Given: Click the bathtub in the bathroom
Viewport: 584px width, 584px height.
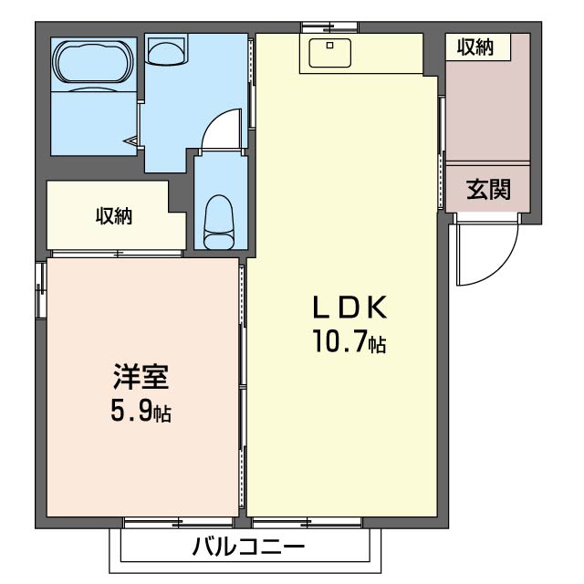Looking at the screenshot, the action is click(93, 62).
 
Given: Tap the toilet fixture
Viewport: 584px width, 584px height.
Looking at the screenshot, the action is click(220, 222).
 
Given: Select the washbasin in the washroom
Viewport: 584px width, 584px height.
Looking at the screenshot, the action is click(166, 51).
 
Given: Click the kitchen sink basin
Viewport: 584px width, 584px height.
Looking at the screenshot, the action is click(329, 53).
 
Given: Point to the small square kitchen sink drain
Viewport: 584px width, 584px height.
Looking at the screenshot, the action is click(329, 46).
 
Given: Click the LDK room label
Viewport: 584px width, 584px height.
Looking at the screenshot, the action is click(349, 308).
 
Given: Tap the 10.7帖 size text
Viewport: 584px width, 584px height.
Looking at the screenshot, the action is click(349, 340).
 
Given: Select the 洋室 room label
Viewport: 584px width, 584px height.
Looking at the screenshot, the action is click(141, 377).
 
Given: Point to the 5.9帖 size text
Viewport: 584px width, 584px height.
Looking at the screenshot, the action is click(141, 412).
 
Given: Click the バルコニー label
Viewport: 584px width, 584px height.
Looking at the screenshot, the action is click(248, 547).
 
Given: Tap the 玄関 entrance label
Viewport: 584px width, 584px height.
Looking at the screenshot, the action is click(488, 190).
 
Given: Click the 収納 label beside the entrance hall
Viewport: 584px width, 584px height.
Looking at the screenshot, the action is click(475, 47).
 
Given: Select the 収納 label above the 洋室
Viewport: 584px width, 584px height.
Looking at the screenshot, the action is click(114, 216).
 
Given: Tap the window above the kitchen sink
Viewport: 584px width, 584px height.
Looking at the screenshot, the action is click(329, 27).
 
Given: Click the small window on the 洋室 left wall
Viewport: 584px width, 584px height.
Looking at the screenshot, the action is click(40, 290).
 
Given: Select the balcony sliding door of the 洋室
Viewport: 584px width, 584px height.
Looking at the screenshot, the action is click(179, 523).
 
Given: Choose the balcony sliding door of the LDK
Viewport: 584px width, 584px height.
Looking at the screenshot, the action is click(307, 523).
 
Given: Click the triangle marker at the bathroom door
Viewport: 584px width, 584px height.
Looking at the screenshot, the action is click(131, 141).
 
